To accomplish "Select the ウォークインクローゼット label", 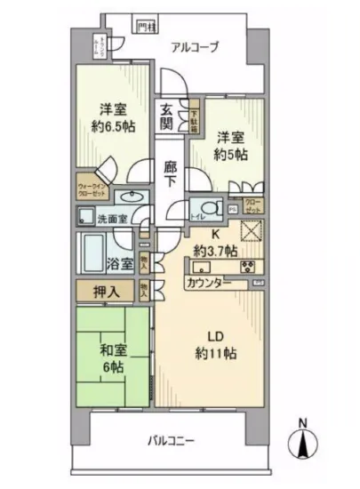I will point(92,190).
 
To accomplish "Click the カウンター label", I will point(210,284).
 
